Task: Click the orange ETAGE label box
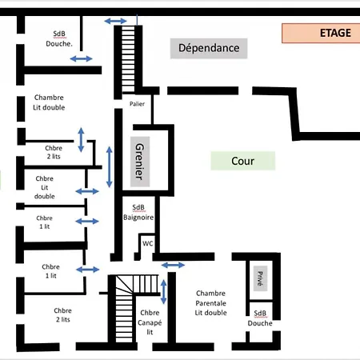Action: click(x=321, y=33)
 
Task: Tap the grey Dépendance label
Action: click(x=209, y=48)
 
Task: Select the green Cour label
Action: click(x=243, y=161)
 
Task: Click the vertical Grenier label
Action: click(x=140, y=162)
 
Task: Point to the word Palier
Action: click(x=137, y=104)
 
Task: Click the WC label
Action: click(x=148, y=243)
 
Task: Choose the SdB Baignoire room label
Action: click(x=138, y=212)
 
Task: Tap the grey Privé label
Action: click(x=260, y=278)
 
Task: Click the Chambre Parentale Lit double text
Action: click(x=210, y=303)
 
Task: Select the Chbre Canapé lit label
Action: click(x=150, y=322)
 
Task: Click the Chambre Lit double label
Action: click(x=49, y=102)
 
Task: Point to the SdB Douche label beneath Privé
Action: click(x=260, y=318)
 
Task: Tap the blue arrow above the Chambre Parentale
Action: click(x=173, y=265)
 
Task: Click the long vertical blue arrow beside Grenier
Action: click(x=109, y=167)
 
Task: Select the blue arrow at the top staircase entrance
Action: click(x=115, y=21)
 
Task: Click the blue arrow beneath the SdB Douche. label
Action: click(x=82, y=58)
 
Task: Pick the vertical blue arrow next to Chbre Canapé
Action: click(x=164, y=292)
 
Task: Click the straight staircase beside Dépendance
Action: click(x=128, y=59)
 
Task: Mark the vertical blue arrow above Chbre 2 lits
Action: click(x=81, y=140)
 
